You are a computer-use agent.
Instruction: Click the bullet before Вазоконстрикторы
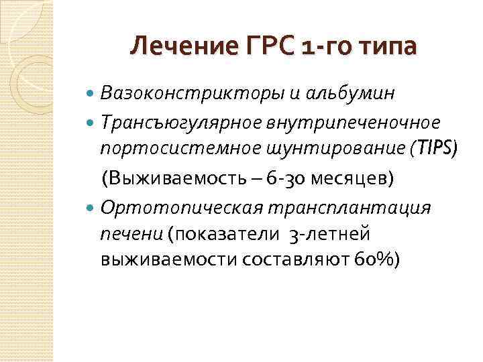[x=91, y=93]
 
